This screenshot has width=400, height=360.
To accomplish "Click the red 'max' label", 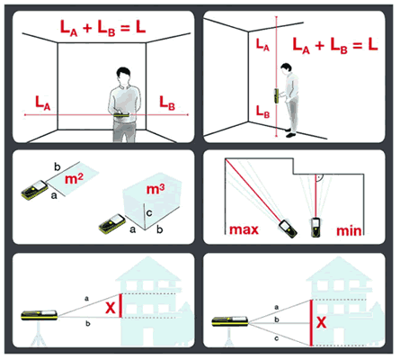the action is coord(244,229).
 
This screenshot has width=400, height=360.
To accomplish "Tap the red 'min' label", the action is coord(349,230).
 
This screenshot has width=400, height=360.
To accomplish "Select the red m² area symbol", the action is coord(74,179).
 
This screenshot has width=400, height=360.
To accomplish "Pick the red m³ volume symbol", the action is coord(156,189).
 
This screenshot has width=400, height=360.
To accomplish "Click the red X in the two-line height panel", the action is coord(111,308).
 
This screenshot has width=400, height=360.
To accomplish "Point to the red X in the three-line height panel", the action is coord(321,322).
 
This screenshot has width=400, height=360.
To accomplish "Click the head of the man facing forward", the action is coord(123,76).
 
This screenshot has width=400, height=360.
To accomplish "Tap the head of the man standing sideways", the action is coord(287,69).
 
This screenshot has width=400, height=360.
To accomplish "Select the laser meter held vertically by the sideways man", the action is coord(277,96).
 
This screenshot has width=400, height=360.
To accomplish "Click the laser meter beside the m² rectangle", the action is coord(35,190).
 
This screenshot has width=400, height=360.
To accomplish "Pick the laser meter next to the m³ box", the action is coord(112,223).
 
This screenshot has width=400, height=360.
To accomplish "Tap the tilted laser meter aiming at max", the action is coord(288,229).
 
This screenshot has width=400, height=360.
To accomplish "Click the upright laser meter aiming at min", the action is coord(315,228).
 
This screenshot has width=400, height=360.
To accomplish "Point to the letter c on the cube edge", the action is coord(149,213).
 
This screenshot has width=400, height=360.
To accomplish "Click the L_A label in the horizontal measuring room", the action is coord(42,103).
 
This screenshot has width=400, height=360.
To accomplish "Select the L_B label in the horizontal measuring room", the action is coord(167,103).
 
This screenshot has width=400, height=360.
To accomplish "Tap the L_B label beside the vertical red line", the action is coord(262,112).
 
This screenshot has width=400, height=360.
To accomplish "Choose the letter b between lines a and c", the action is coord(277,319).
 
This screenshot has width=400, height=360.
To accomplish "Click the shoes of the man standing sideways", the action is coord(290,133).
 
